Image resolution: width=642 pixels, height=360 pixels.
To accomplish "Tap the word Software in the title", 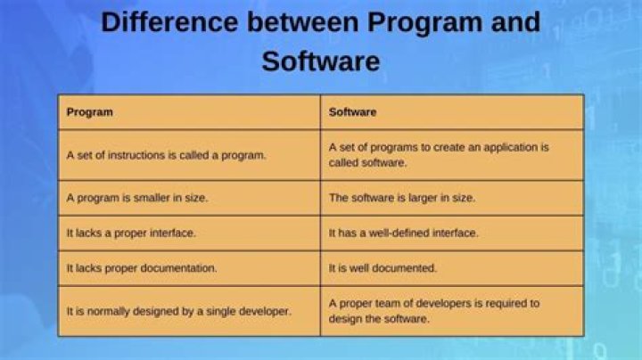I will [321, 61].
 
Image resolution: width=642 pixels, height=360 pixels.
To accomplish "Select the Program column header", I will [90, 112].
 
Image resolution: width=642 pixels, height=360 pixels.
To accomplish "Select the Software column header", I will [352, 112].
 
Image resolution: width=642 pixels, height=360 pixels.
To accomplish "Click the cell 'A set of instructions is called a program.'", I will [167, 155].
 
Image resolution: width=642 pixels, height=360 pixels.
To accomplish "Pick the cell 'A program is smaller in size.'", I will [137, 198].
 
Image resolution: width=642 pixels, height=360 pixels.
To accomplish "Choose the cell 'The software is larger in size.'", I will [402, 198].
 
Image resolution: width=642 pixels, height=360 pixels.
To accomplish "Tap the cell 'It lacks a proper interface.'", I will [131, 233].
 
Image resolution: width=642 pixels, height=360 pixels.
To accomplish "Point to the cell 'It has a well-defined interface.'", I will [404, 233].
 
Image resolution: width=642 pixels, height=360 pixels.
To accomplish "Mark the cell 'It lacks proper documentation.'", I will [142, 267].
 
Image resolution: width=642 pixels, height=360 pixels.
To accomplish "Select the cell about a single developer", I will [179, 311].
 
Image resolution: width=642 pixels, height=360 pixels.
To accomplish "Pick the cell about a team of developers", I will [434, 311].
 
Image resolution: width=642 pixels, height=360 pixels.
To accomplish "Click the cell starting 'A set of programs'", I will [439, 155].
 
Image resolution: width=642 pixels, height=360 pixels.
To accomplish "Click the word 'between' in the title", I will [308, 21].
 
